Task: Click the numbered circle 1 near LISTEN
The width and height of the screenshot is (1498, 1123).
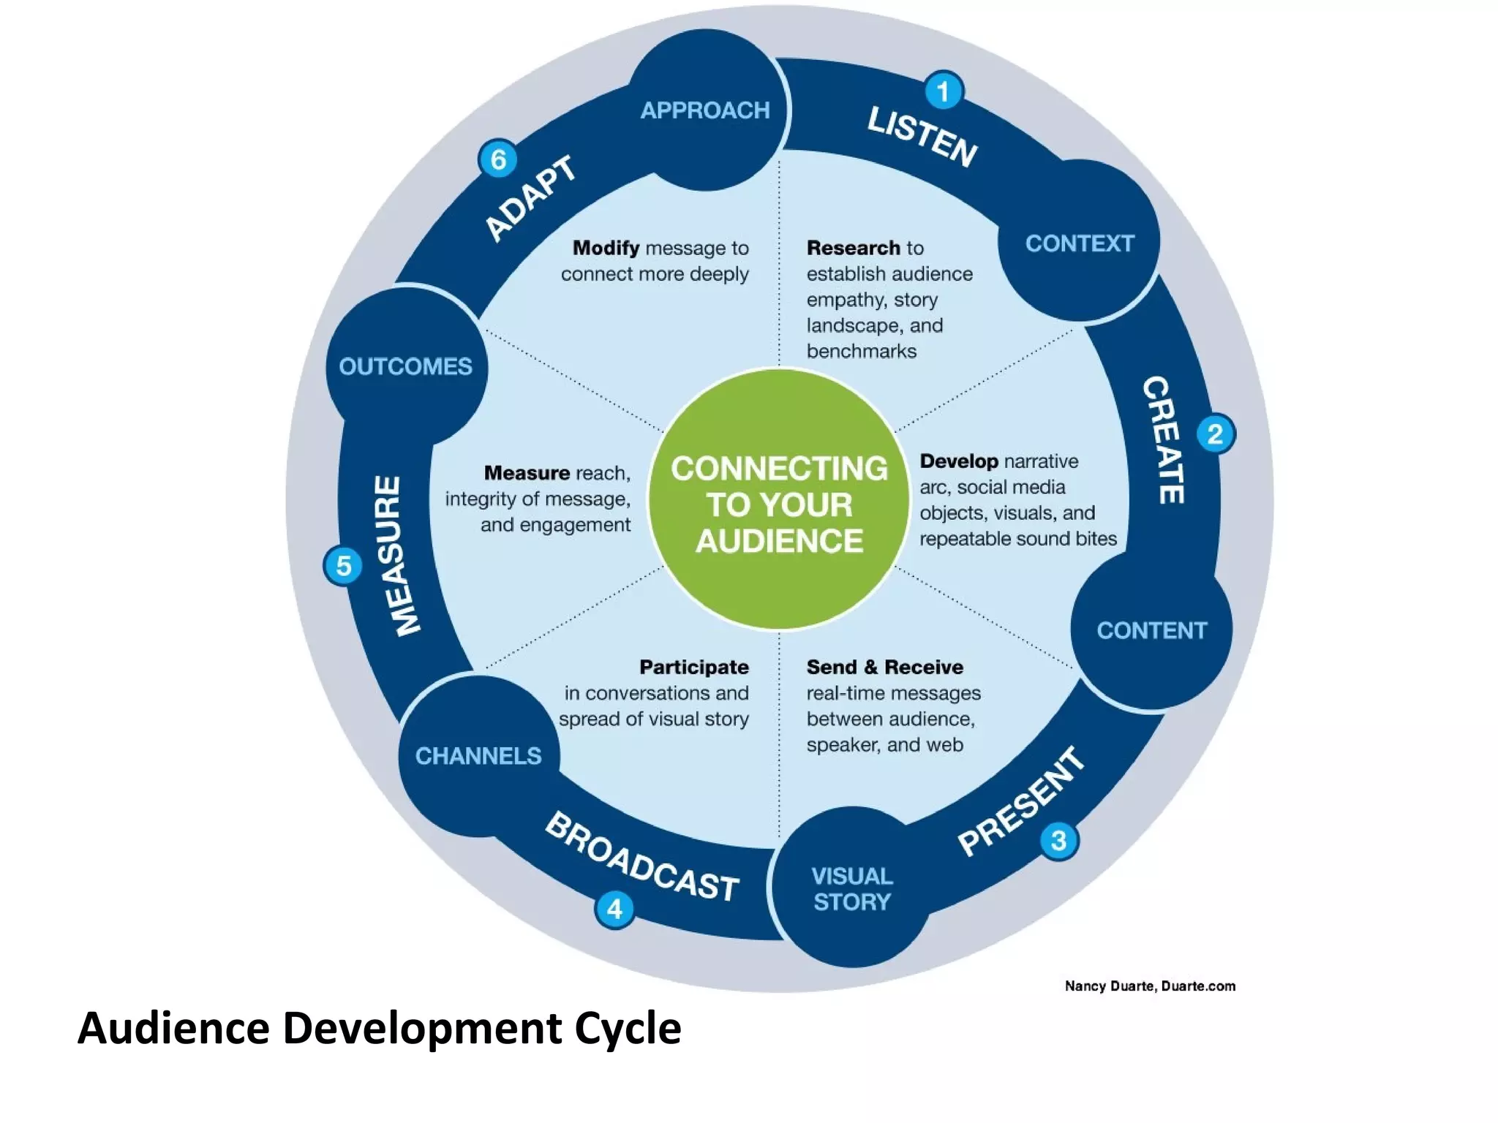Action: pos(944,91)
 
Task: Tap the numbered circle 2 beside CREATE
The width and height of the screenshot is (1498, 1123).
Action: pos(1215,434)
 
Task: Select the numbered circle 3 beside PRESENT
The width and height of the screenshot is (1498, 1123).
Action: pos(1058,841)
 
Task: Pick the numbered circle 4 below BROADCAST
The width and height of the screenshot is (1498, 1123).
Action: pos(614,909)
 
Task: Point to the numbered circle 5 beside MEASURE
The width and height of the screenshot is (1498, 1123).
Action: pos(343,565)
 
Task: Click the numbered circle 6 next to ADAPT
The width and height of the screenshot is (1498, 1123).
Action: pos(498,159)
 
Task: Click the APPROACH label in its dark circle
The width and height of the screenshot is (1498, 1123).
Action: pos(705,110)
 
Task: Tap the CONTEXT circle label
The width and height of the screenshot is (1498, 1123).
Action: pos(1080,243)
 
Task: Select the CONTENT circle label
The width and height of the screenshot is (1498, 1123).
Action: pos(1151,630)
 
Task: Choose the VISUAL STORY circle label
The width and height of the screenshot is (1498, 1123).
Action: pos(852,888)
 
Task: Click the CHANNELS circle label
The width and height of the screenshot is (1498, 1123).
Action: pos(478,756)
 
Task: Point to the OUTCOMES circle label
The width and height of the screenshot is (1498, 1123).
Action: pos(405,366)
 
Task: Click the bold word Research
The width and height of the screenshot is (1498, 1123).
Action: pos(853,248)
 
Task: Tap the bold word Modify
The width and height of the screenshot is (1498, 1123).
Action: pos(606,248)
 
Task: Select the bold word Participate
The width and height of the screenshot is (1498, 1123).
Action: pos(693,667)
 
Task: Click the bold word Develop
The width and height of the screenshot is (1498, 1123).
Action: pos(958,461)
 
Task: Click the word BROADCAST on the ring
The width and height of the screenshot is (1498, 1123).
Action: pos(641,858)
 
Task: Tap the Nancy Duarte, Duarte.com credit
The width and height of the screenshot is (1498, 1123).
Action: pos(1150,986)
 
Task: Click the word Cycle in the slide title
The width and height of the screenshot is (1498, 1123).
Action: pos(628,1028)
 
